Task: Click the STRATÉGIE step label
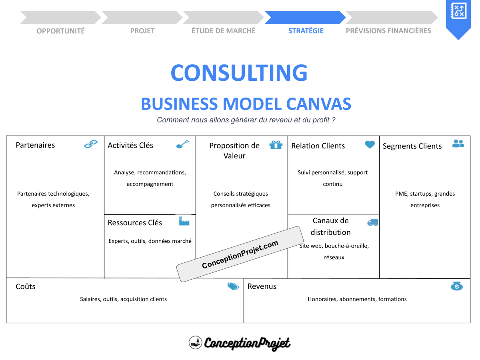click(x=306, y=31)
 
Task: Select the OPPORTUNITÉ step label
click(x=60, y=31)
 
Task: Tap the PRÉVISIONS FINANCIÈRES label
click(x=388, y=31)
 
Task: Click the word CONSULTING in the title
click(x=239, y=73)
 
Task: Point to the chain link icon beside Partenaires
click(x=91, y=144)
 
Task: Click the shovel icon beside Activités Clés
click(x=183, y=144)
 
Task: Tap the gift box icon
click(x=276, y=145)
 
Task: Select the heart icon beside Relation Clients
click(x=370, y=144)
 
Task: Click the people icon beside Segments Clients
click(x=458, y=143)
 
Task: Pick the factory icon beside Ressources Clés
click(x=184, y=221)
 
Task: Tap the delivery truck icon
click(x=372, y=222)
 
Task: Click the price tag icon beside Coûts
click(x=233, y=286)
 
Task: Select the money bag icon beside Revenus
click(x=456, y=286)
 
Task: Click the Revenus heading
click(x=262, y=286)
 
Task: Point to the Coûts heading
click(x=26, y=286)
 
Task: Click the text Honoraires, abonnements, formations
click(x=357, y=299)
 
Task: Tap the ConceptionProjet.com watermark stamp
click(x=240, y=254)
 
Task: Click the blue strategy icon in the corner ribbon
click(x=458, y=10)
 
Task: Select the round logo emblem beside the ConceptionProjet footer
click(x=195, y=342)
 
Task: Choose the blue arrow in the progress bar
click(x=305, y=18)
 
